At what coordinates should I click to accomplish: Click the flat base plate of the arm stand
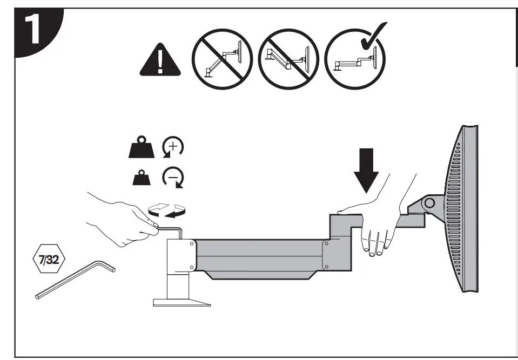pos(181,302)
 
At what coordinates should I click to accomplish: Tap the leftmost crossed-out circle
pos(223,57)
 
